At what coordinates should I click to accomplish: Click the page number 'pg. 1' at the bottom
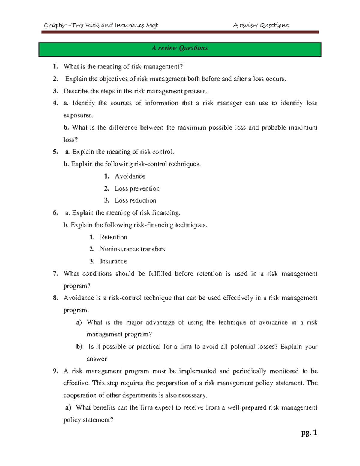[x=309, y=433]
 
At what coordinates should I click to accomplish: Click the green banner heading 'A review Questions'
[x=180, y=48]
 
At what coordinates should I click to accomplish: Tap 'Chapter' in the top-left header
[x=55, y=26]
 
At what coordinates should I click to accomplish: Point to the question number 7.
[x=55, y=274]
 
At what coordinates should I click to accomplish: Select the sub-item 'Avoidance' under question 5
[x=130, y=176]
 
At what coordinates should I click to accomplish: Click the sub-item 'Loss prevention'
[x=137, y=188]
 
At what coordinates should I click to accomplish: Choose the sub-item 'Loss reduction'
[x=135, y=200]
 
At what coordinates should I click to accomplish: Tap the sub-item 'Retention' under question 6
[x=113, y=237]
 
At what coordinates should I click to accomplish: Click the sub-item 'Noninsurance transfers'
[x=132, y=249]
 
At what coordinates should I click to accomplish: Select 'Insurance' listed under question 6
[x=113, y=262]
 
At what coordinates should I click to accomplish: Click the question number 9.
[x=55, y=371]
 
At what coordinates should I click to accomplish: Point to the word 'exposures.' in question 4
[x=78, y=116]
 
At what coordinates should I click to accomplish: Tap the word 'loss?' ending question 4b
[x=70, y=140]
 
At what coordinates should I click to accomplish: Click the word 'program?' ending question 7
[x=77, y=286]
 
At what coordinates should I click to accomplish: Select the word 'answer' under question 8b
[x=97, y=359]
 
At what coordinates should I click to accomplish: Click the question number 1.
[x=55, y=67]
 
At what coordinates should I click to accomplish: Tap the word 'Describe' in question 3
[x=76, y=91]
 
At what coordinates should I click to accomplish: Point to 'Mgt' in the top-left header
[x=152, y=26]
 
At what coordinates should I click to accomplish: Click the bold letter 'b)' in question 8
[x=79, y=347]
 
